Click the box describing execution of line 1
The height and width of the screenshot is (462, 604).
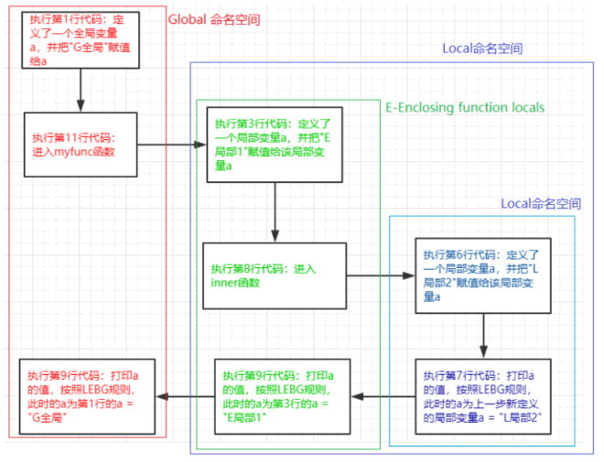click(81, 40)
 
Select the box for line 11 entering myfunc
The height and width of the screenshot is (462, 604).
click(81, 145)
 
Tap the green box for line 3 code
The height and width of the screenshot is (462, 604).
click(275, 145)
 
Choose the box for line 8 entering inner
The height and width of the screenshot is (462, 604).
click(275, 275)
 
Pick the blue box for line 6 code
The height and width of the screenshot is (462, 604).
click(483, 275)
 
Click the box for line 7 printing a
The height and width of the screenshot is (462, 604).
click(483, 396)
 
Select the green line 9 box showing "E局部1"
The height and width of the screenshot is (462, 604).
click(283, 396)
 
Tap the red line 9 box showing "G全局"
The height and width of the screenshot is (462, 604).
click(88, 396)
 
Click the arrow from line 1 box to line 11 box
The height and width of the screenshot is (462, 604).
click(81, 91)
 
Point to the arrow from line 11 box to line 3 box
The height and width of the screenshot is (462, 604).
click(172, 145)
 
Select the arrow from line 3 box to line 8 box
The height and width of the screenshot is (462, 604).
click(275, 212)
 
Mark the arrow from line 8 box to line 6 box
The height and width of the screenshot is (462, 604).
click(381, 275)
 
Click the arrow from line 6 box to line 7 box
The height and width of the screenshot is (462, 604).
click(484, 336)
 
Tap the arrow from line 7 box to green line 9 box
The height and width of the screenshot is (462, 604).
click(383, 396)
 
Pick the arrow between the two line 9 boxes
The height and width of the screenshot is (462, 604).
click(185, 396)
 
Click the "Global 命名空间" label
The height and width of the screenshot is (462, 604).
click(214, 19)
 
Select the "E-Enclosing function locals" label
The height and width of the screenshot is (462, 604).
click(465, 107)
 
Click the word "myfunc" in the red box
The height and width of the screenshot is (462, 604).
click(71, 152)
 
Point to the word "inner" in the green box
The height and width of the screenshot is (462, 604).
click(224, 283)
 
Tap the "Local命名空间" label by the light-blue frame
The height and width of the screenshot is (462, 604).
click(541, 203)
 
